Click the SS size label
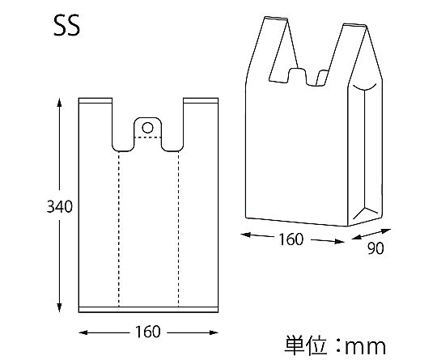[66, 25]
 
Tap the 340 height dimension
[59, 206]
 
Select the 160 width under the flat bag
[148, 332]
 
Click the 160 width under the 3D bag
[291, 239]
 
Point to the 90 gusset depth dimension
[375, 248]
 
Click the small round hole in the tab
[147, 128]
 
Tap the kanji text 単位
[305, 345]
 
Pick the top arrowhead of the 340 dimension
[59, 102]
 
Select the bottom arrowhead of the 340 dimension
[59, 307]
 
